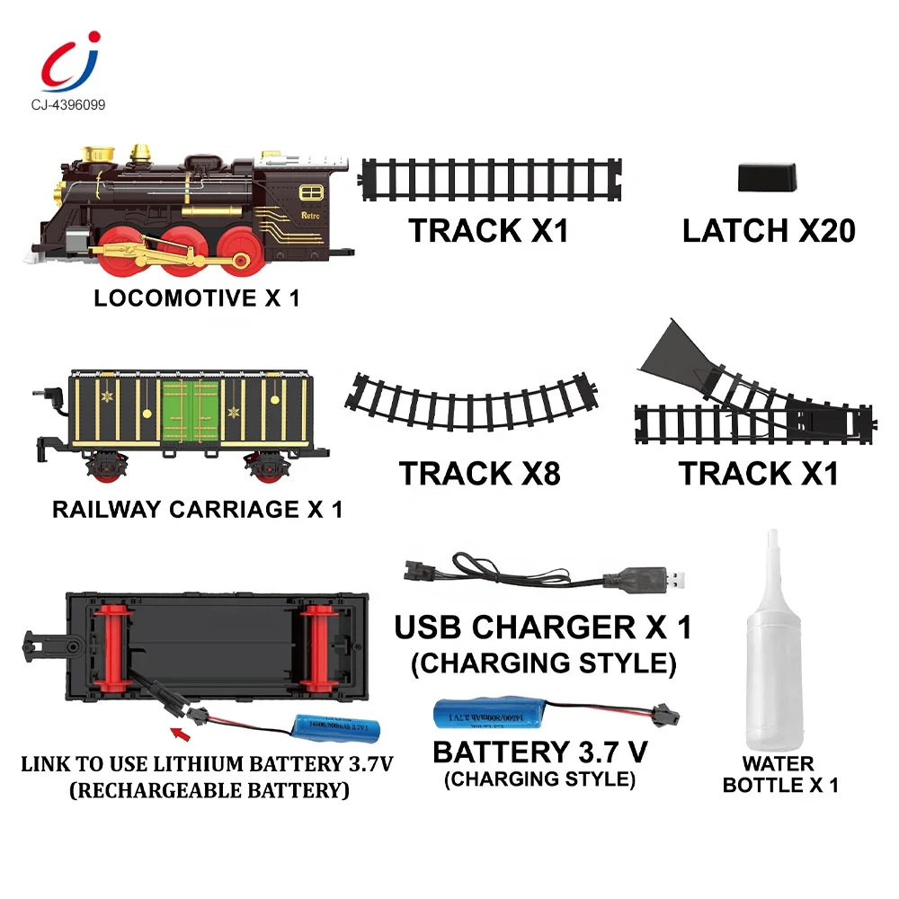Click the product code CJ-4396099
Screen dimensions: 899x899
coord(67,105)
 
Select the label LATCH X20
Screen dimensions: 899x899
coord(769,231)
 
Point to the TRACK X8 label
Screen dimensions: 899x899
coord(480,473)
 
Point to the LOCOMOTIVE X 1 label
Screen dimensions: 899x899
coord(196,298)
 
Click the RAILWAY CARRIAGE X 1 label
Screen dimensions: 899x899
coord(198,510)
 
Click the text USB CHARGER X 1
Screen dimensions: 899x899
coord(543,628)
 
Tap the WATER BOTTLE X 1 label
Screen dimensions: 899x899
coord(779,774)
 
